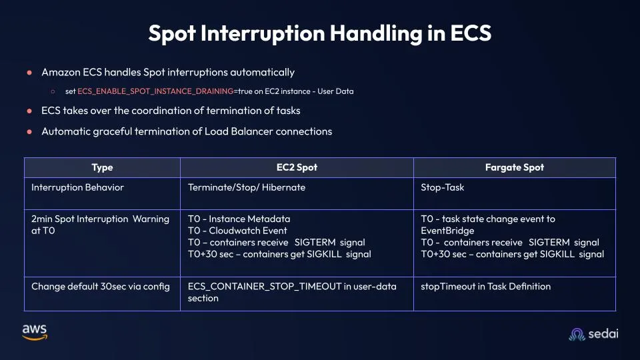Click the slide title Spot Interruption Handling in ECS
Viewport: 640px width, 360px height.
(x=319, y=33)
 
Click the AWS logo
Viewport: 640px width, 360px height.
(x=34, y=331)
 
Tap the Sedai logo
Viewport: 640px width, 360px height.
(x=593, y=334)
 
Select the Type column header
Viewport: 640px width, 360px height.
(x=102, y=167)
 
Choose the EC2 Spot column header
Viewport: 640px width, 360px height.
(x=297, y=167)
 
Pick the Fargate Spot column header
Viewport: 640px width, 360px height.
(x=514, y=167)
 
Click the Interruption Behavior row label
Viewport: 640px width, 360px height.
(x=77, y=187)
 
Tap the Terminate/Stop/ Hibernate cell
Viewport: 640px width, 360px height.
(x=247, y=187)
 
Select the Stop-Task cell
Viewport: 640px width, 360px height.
(x=442, y=187)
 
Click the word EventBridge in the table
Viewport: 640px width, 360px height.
(x=447, y=231)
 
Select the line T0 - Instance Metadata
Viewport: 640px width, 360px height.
(x=239, y=219)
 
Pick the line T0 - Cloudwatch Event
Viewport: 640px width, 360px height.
(x=237, y=231)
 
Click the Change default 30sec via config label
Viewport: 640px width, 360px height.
(x=100, y=287)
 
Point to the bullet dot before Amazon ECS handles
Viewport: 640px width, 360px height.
(x=29, y=72)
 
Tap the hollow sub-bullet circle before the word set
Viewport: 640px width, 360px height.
(x=53, y=91)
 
